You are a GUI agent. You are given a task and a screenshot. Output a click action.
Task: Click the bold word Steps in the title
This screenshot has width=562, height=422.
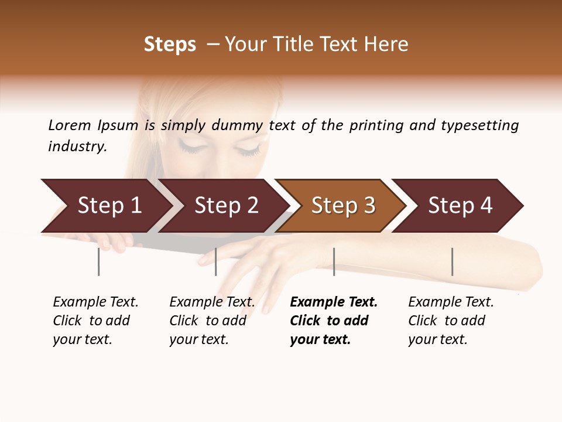170,45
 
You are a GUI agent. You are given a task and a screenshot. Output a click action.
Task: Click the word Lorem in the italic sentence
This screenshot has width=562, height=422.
69,125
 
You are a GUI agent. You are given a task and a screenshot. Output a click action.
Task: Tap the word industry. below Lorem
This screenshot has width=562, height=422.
77,147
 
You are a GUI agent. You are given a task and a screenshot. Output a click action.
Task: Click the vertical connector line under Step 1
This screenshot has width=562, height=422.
98,261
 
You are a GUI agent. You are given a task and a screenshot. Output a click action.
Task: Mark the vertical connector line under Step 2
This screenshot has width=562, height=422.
215,261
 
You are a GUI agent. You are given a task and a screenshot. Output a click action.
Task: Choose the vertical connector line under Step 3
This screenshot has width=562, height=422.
334,261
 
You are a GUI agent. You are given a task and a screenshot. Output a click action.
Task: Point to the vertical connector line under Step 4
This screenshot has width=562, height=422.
452,261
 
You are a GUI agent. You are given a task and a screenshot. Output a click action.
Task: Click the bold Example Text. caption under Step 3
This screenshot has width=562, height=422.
334,302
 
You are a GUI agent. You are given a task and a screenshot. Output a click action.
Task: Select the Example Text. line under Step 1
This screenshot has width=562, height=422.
95,302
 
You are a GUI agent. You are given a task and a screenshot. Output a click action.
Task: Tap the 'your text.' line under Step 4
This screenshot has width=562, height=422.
437,339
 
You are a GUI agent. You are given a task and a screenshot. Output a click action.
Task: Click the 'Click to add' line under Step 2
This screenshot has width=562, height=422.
208,321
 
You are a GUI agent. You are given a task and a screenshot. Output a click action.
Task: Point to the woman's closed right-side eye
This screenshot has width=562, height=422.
248,150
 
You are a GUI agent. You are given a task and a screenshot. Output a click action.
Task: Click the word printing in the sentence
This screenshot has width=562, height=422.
375,125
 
